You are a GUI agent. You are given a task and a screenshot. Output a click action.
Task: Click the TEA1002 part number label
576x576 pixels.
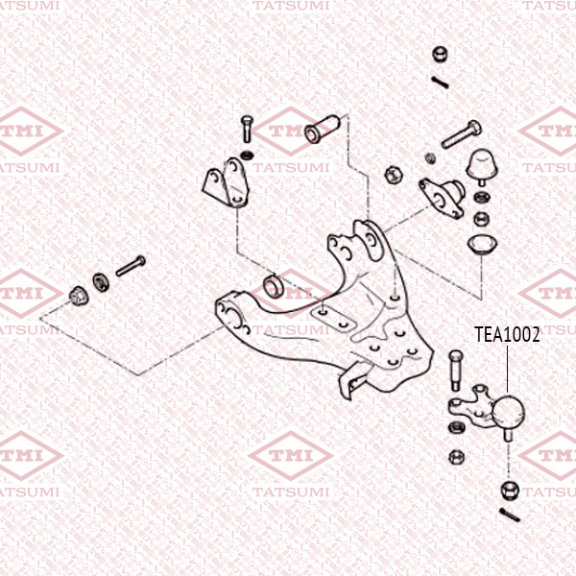click(507, 335)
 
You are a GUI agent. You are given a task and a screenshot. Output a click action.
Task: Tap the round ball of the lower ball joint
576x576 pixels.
click(509, 412)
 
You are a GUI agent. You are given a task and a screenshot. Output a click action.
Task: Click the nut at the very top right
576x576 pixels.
click(440, 55)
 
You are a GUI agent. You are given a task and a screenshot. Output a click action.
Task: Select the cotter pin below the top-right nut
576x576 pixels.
click(440, 82)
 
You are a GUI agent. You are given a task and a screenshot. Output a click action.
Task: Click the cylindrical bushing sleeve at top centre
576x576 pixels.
click(323, 130)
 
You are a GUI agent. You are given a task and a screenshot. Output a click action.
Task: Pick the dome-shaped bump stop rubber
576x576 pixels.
click(482, 166)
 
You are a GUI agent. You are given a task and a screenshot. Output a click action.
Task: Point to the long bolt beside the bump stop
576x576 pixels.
click(462, 134)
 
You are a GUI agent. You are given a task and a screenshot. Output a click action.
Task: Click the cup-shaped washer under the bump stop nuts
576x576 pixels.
click(482, 244)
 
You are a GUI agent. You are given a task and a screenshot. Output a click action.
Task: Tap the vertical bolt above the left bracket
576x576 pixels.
click(248, 129)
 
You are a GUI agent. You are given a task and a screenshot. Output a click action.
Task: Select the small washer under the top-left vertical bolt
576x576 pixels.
click(248, 155)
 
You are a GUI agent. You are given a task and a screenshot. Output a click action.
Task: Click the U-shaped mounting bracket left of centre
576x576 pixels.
click(226, 182)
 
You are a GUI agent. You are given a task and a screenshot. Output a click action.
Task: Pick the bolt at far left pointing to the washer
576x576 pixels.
click(131, 266)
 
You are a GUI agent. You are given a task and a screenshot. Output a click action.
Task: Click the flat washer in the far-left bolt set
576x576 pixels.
click(101, 282)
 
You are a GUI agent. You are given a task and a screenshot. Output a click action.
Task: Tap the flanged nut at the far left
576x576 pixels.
click(79, 296)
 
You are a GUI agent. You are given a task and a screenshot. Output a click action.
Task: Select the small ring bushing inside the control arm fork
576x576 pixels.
click(273, 286)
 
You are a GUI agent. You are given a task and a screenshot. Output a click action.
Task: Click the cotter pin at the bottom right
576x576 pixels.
click(510, 515)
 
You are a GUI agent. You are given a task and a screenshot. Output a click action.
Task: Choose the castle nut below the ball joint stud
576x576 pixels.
click(511, 490)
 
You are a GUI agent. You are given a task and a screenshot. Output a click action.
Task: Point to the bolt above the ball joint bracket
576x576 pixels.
click(455, 371)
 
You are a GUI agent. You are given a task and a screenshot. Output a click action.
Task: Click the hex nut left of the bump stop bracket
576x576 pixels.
click(394, 175)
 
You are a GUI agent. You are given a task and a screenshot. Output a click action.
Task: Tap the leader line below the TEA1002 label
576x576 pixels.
click(507, 370)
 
